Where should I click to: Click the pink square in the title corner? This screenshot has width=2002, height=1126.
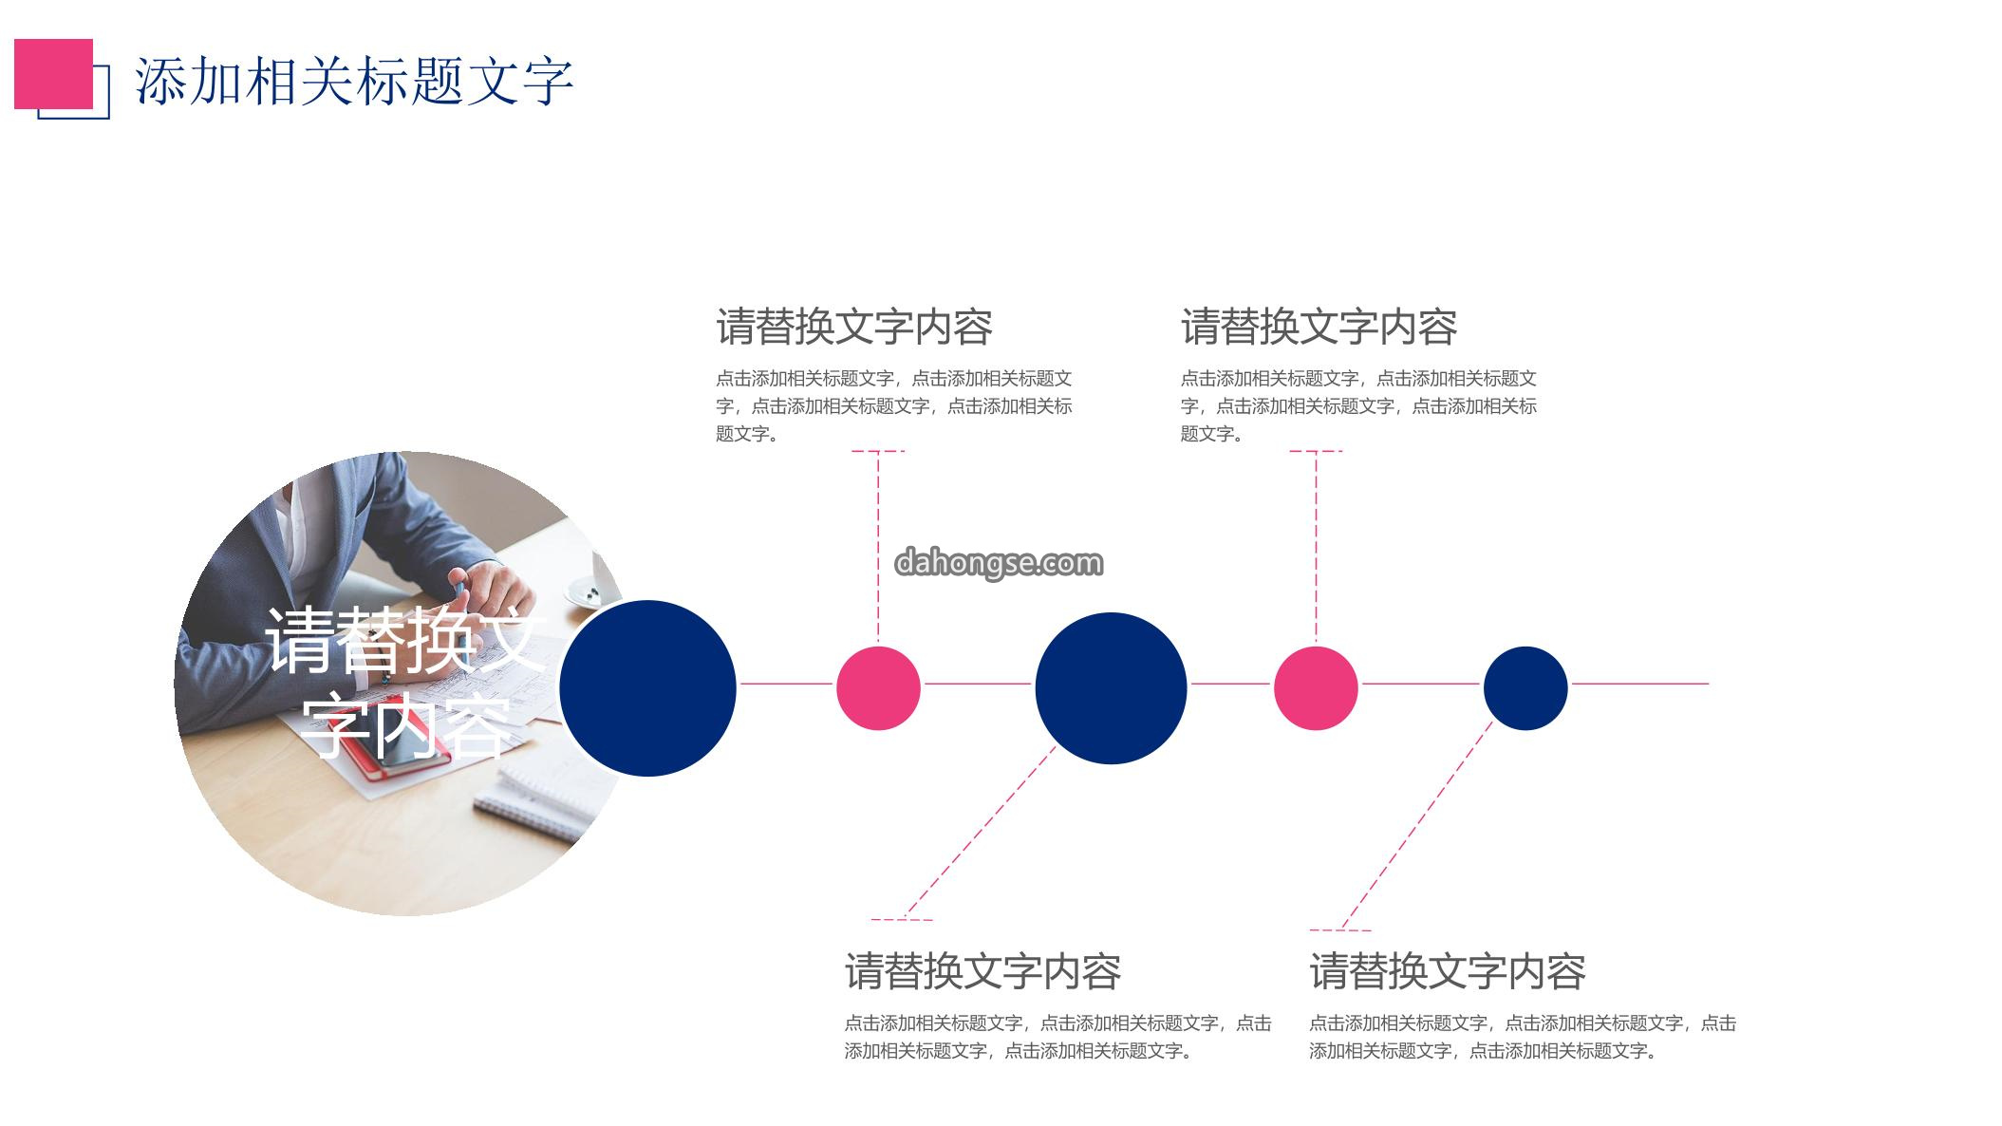point(53,74)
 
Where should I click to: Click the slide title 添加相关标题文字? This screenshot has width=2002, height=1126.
point(354,81)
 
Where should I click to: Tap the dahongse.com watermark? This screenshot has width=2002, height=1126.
point(999,563)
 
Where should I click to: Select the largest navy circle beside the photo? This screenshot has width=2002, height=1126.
point(647,688)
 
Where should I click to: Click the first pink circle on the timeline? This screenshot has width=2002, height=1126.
point(878,688)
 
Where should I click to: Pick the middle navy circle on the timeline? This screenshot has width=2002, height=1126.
point(1111,688)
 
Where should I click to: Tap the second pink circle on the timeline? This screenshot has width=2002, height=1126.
point(1316,688)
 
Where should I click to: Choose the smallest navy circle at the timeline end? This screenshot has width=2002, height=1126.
point(1525,688)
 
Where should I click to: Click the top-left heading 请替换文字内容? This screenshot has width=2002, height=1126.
point(854,327)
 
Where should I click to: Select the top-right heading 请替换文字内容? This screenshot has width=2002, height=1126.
point(1319,327)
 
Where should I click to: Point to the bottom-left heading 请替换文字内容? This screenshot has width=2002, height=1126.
point(983,971)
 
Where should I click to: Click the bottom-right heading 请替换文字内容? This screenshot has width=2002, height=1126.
point(1448,971)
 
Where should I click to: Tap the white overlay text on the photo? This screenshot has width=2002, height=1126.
point(406,682)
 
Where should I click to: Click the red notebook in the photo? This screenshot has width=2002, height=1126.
point(393,741)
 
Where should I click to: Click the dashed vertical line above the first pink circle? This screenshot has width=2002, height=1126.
point(878,549)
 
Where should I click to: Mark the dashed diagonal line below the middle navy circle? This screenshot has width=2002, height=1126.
point(980,833)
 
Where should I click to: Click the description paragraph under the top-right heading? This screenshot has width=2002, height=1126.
point(1358,406)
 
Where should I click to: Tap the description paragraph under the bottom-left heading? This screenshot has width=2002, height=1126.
point(1057,1037)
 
